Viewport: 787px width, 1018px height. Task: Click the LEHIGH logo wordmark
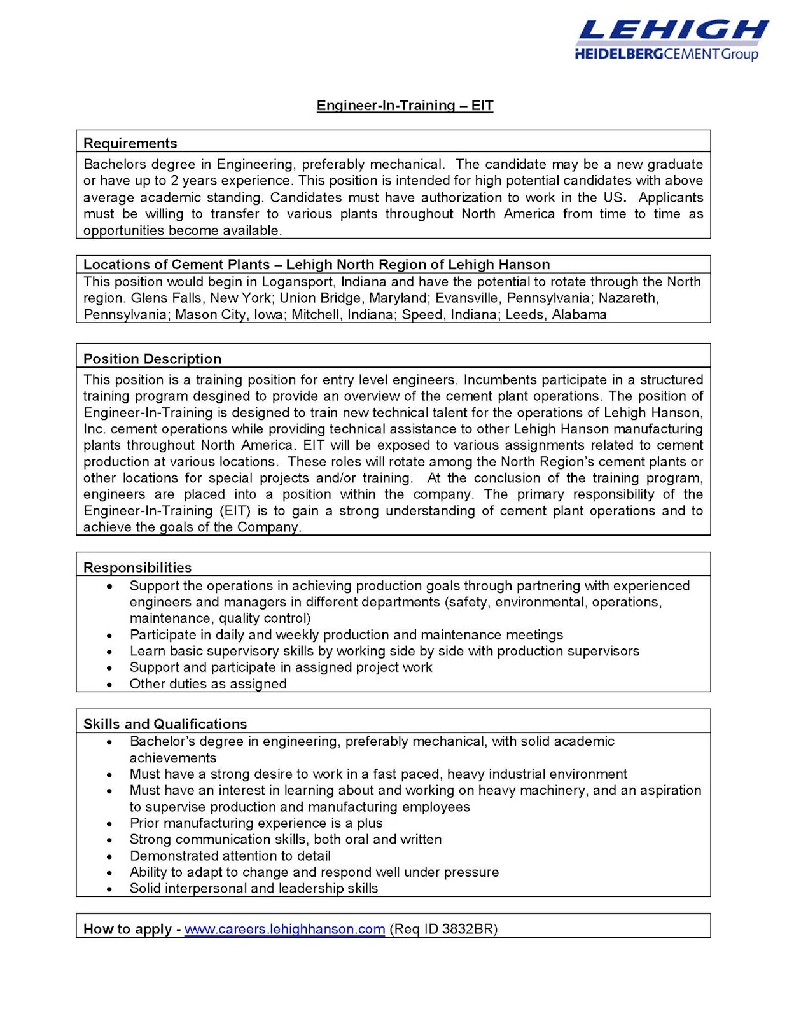pos(672,31)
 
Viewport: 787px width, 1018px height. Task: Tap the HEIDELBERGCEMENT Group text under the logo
pos(666,54)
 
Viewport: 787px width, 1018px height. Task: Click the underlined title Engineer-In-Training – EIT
pos(405,106)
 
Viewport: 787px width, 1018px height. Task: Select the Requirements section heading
pos(130,143)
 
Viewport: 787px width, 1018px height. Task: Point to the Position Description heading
pos(152,359)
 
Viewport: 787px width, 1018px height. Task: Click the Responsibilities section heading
pos(137,568)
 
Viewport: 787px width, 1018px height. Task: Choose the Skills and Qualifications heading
pos(165,724)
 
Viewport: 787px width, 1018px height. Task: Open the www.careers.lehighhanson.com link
pos(284,929)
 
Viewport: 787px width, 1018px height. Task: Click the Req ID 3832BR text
pos(443,929)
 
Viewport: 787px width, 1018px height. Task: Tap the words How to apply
pos(127,929)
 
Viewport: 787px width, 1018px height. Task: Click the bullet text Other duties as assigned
pos(208,684)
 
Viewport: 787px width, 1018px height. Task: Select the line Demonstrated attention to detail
pos(230,856)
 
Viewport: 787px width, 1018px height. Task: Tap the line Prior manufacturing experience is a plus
pos(256,823)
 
